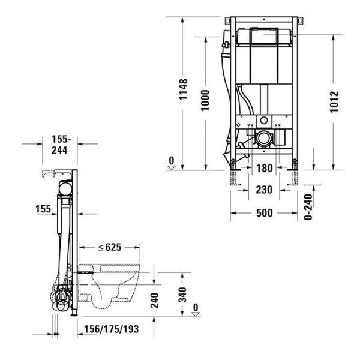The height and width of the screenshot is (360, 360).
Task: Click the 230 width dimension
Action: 264,190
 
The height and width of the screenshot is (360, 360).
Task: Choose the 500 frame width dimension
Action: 264,213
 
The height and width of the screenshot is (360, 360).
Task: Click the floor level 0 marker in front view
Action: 172,164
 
